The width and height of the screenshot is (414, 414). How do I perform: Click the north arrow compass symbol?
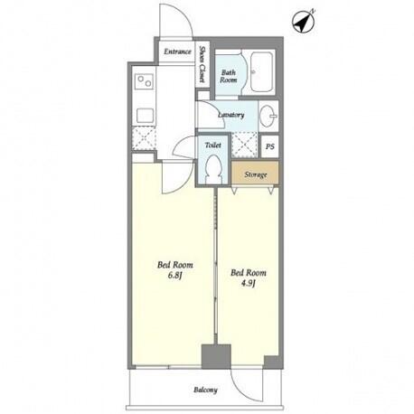click(303, 23)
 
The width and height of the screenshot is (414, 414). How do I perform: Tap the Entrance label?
click(177, 52)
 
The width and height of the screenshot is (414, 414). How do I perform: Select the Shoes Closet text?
click(202, 64)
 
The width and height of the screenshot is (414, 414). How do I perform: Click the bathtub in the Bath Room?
click(262, 72)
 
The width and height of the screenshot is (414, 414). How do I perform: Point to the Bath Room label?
click(229, 76)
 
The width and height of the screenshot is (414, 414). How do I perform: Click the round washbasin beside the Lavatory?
click(268, 116)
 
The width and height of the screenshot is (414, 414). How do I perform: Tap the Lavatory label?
click(231, 115)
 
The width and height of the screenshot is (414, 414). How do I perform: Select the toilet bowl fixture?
click(213, 170)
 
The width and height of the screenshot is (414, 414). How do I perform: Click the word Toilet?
click(213, 146)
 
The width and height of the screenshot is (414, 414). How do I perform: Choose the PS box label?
click(270, 146)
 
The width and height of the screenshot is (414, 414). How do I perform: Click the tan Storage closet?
click(255, 174)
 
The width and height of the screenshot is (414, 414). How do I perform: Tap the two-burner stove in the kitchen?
click(145, 81)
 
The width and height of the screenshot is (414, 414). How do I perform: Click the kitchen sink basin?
click(146, 116)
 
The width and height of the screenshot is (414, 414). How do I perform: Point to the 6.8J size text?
click(175, 276)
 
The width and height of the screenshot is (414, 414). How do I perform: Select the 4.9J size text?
click(249, 283)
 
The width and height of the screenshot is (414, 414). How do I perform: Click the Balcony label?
click(205, 390)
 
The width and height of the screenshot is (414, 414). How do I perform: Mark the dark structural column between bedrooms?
click(216, 356)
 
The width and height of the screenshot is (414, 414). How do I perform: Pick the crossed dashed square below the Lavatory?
click(245, 145)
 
